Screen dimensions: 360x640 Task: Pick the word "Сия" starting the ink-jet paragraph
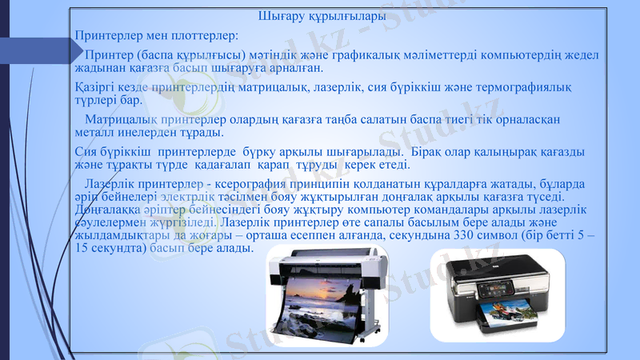pyautogui.click(x=84, y=151)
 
